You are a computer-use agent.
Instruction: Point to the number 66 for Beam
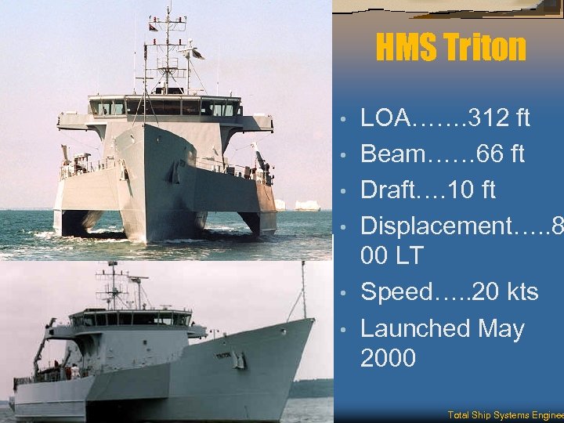coord(477,154)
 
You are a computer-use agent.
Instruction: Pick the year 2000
coord(388,358)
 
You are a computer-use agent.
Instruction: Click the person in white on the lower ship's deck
coord(74,371)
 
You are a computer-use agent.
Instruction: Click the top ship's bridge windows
coord(164,107)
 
